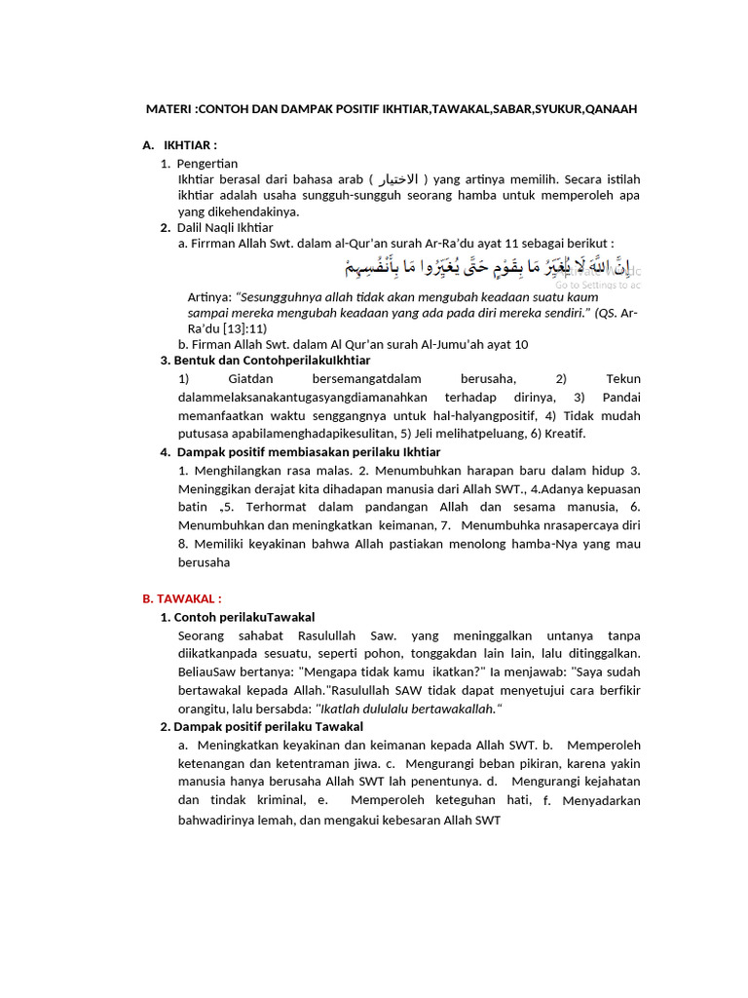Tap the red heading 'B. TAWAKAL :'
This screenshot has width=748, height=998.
coord(182,598)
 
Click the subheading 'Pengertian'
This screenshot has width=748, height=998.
coord(207,163)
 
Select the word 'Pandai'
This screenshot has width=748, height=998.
coord(621,397)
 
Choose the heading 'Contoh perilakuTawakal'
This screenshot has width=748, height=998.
coord(243,617)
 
